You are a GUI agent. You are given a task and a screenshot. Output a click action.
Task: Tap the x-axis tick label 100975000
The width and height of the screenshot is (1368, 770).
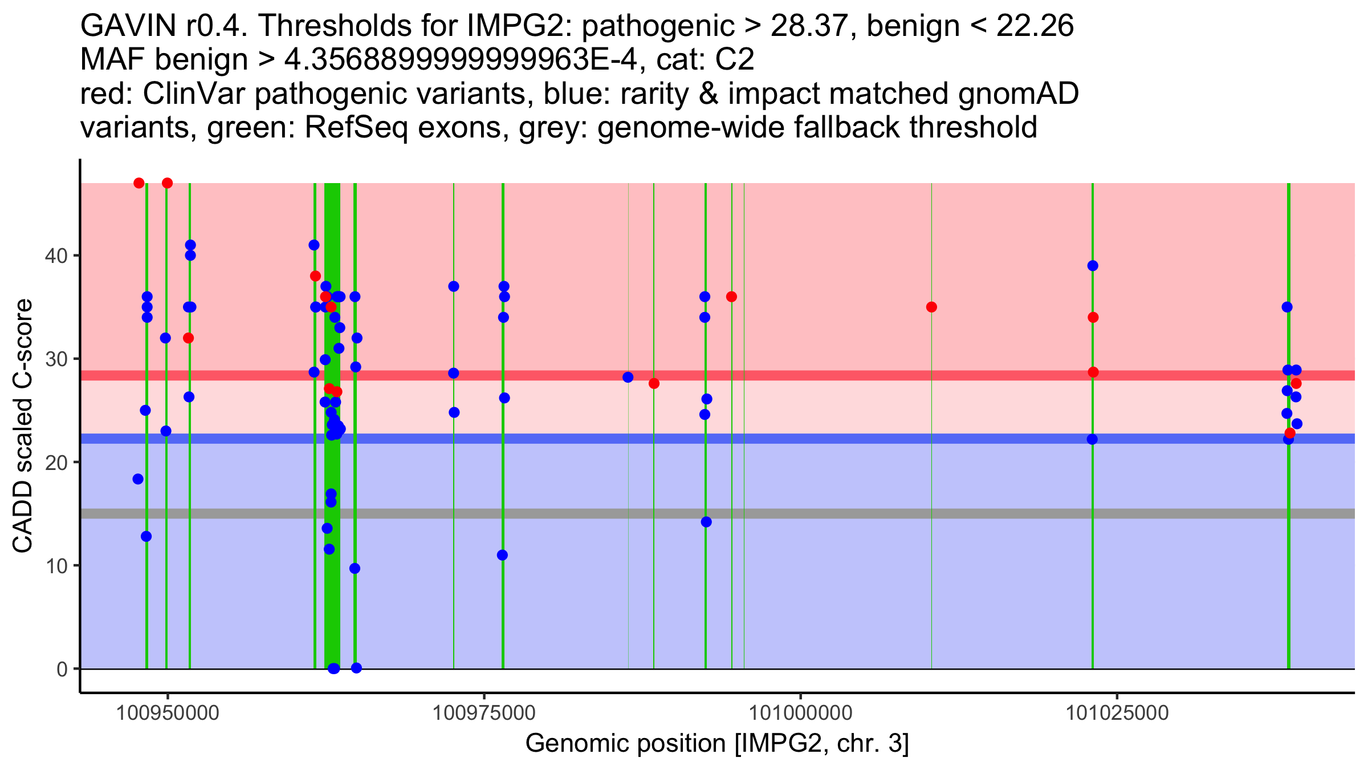tap(484, 713)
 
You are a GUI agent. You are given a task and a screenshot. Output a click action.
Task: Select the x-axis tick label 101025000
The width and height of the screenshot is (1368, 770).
tap(1117, 713)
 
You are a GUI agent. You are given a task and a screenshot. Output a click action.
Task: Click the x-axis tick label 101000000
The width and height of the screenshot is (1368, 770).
tap(800, 713)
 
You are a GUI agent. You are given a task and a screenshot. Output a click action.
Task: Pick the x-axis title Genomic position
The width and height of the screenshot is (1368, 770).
tap(716, 744)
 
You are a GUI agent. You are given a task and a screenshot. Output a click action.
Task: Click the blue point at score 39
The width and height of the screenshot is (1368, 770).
tap(1093, 266)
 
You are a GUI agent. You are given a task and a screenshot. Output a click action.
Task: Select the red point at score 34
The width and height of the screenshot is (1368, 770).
tap(1093, 318)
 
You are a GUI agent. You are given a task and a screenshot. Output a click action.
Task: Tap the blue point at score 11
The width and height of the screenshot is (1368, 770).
tap(502, 556)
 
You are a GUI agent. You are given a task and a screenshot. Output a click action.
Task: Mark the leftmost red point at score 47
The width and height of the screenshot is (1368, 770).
tap(139, 183)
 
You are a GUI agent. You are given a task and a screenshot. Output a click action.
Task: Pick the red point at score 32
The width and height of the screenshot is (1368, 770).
tap(189, 338)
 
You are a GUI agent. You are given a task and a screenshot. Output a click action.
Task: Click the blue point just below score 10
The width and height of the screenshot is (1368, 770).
tap(355, 569)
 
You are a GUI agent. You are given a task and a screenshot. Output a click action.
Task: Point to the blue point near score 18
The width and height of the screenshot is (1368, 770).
tap(138, 479)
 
